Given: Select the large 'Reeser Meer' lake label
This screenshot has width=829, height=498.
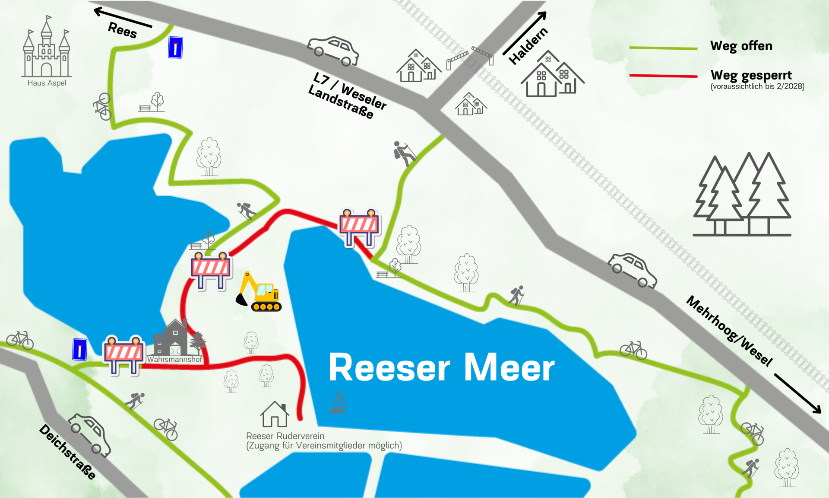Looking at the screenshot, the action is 441,367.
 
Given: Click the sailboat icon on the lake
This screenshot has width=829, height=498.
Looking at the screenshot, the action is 338,402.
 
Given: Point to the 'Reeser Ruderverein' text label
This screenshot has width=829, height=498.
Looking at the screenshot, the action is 285,436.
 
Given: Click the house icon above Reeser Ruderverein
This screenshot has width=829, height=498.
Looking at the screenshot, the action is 275,414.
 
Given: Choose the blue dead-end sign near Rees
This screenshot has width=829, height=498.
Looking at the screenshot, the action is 175,48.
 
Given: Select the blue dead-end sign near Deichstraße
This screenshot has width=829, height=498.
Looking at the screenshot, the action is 79,349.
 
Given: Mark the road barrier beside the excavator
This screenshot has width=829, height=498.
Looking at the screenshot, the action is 211,270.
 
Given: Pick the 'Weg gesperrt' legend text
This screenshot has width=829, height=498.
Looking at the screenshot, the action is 751,75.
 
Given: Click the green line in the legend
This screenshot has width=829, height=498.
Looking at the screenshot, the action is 663,48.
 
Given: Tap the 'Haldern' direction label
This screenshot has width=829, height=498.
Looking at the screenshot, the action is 528,46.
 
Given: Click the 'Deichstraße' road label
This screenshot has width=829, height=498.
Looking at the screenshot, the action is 67,451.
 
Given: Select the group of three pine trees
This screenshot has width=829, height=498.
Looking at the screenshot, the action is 742,195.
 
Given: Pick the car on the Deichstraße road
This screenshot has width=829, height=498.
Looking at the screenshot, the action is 89,435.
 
